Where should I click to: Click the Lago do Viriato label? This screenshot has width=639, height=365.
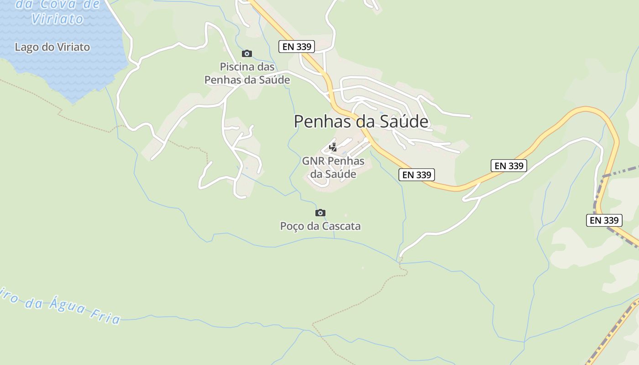52,47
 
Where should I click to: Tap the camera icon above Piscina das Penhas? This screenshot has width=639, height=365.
247,54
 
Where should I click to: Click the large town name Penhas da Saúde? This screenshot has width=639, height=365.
361,121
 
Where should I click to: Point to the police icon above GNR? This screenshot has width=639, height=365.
333,147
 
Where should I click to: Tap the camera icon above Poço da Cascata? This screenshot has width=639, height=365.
320,213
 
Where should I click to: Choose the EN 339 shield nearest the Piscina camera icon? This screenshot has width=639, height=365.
297,46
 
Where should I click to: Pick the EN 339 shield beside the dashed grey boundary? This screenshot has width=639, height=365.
604,220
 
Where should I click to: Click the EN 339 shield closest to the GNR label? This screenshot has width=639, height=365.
416,174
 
